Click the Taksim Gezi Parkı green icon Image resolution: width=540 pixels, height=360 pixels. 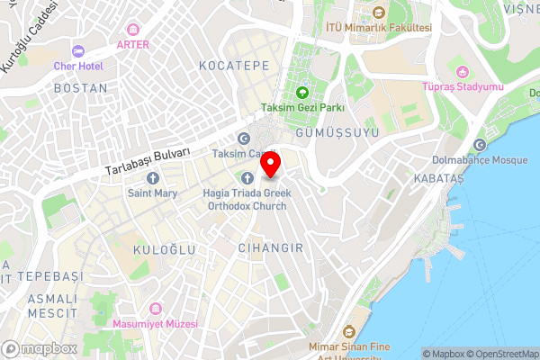[x=302, y=92]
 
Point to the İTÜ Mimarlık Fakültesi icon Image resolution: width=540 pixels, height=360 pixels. [x=378, y=13]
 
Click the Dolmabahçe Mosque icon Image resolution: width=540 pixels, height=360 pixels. [x=479, y=146]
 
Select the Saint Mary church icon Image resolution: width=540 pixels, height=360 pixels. [x=152, y=176]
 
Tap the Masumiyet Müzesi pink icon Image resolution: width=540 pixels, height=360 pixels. [x=154, y=309]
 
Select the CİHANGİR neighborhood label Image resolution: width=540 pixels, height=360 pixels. [x=271, y=246]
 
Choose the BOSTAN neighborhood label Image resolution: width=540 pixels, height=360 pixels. [x=80, y=88]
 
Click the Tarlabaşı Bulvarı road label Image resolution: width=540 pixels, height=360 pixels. [x=149, y=160]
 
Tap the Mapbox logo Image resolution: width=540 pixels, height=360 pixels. [x=39, y=348]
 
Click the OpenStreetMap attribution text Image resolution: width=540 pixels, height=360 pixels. [x=500, y=354]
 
